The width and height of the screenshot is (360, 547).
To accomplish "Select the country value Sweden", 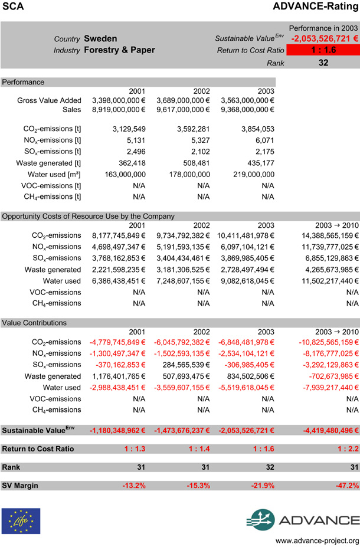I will (x=100, y=38).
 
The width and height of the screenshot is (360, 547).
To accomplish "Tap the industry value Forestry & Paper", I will (x=119, y=50).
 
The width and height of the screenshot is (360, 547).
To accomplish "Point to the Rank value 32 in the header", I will (x=323, y=62).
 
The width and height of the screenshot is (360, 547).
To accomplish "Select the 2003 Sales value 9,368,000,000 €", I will (x=247, y=110).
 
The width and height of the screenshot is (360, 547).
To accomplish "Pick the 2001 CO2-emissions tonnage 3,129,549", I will (x=128, y=129).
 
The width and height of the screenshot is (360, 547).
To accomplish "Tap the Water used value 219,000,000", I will (x=252, y=175).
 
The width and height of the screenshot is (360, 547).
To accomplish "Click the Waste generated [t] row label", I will (x=48, y=163).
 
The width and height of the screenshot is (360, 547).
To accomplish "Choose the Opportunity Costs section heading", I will (x=89, y=216).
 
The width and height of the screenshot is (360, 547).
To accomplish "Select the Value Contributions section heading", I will (x=34, y=323).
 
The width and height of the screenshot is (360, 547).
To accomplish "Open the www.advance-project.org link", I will (x=317, y=541).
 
